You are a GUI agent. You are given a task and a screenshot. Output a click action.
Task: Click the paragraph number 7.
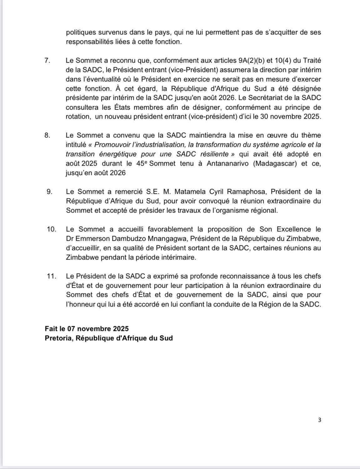[47, 60]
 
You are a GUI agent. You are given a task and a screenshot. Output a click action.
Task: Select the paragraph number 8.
[47, 135]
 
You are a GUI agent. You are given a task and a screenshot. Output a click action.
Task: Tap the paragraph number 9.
[49, 192]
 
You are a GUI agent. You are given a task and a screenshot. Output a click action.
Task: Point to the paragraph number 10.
[51, 229]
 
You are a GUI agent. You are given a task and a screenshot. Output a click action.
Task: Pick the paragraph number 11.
[51, 276]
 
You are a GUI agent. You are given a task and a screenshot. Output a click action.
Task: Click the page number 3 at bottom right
[319, 420]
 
